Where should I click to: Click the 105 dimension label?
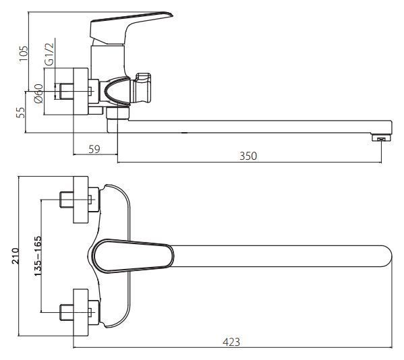24,53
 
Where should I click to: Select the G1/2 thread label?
49,53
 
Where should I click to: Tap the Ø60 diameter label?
38,94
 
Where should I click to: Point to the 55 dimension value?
21,113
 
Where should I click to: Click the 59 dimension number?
94,150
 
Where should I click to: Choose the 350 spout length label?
248,156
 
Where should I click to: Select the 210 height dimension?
16,256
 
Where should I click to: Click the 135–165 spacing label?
38,256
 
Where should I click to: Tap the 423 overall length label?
231,342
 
